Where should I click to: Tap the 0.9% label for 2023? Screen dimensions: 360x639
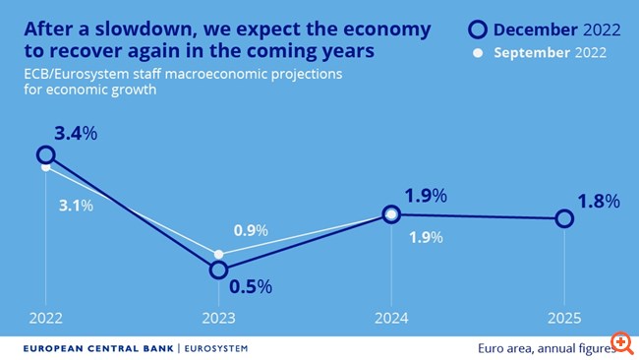(252, 230)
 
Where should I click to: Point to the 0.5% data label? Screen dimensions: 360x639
(251, 287)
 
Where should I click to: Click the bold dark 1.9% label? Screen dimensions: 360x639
(425, 196)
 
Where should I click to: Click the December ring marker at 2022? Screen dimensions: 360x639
(45, 154)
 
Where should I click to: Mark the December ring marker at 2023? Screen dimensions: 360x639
(218, 270)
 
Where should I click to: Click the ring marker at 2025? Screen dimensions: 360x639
(564, 218)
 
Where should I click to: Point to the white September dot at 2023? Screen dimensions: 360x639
(218, 254)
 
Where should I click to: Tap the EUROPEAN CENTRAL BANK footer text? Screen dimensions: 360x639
(97, 347)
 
